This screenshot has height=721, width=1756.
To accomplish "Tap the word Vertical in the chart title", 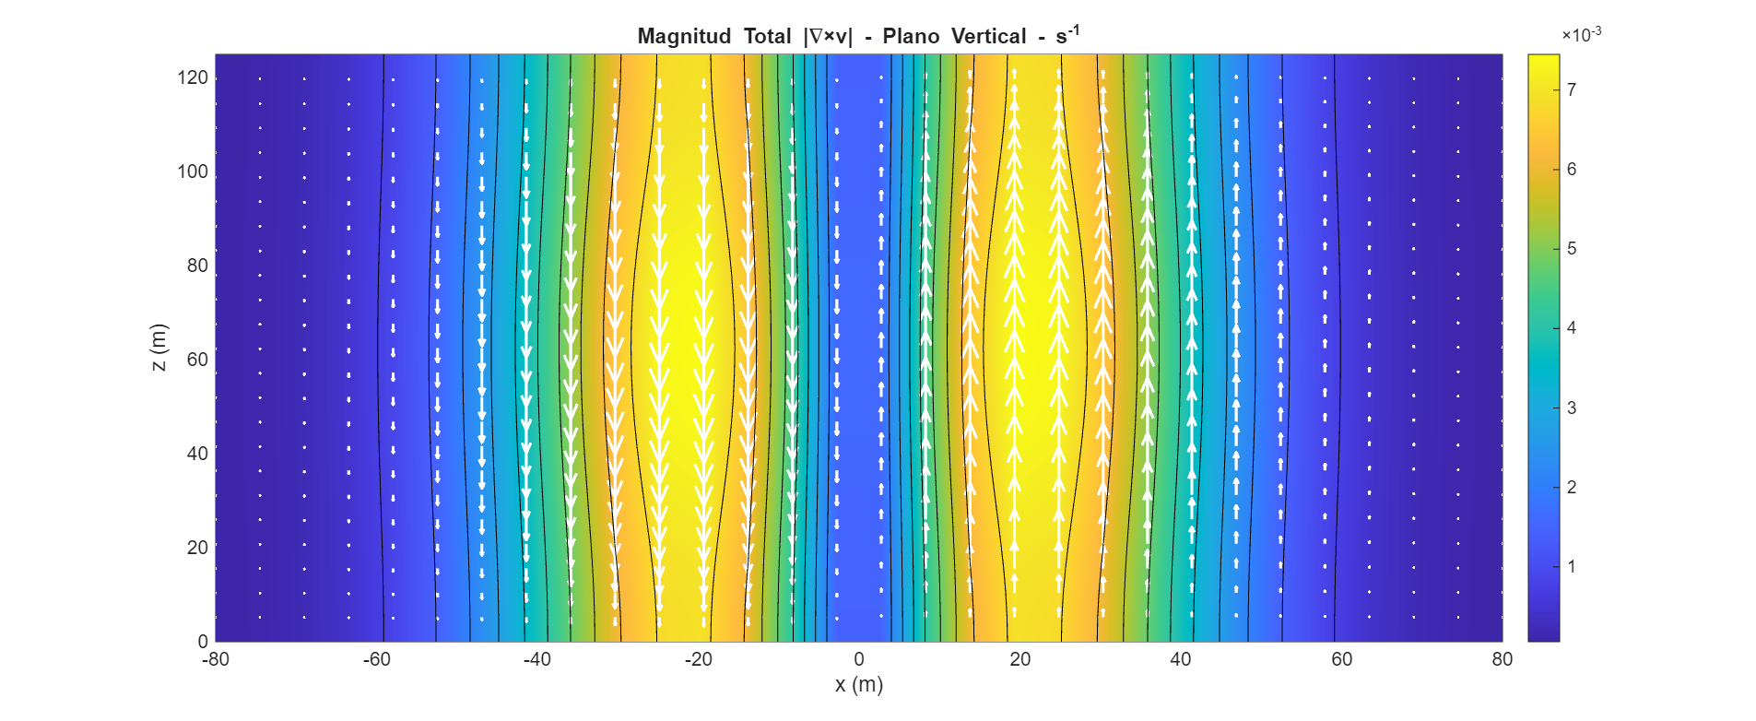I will (x=988, y=37).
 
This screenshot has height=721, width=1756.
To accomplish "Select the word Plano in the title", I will (x=911, y=37).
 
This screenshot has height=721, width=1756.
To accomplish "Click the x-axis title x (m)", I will (x=858, y=685).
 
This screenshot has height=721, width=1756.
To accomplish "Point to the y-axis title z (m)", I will (x=159, y=348).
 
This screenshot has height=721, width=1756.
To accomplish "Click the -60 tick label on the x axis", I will (x=376, y=659).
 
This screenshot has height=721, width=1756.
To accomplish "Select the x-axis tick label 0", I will (x=859, y=659).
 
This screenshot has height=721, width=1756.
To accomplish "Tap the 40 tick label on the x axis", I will (x=1181, y=659).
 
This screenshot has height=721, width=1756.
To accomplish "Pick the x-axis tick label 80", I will (x=1503, y=659).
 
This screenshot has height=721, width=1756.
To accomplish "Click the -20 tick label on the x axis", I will (x=698, y=659).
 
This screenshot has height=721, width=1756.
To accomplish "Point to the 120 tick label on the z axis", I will (x=193, y=77).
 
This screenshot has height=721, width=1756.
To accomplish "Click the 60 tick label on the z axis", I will (x=197, y=360).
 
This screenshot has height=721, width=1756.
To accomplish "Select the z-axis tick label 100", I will (x=193, y=171).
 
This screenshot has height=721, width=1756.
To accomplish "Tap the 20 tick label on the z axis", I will (x=197, y=548).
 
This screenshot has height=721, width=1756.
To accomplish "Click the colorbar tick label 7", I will (x=1572, y=89).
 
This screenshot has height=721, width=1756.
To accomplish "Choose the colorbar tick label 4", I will (x=1572, y=328).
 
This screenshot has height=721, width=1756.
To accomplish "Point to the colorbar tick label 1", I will (x=1572, y=566).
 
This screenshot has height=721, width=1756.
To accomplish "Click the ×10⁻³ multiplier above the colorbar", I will (x=1581, y=35).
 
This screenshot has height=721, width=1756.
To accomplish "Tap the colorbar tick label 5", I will (x=1572, y=249).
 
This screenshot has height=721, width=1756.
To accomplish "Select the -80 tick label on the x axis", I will (x=215, y=659).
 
